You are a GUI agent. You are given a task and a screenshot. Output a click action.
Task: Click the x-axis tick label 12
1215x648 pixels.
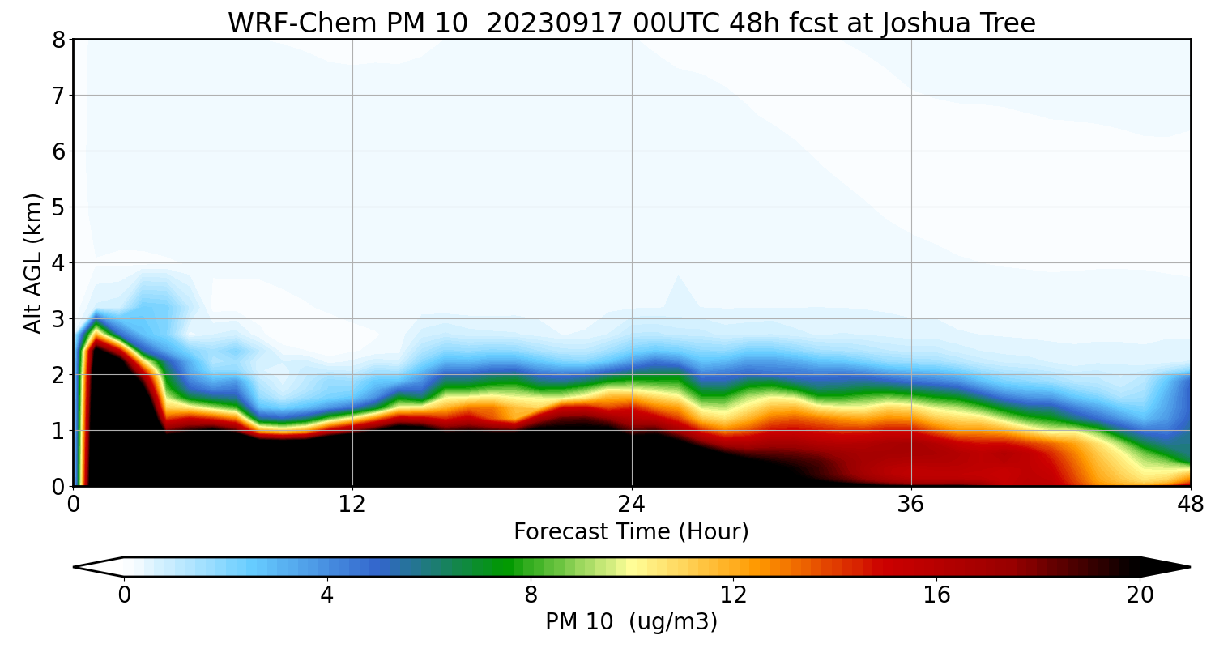pyautogui.click(x=352, y=504)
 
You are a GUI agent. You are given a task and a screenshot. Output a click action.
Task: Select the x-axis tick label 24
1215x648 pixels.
pyautogui.click(x=632, y=504)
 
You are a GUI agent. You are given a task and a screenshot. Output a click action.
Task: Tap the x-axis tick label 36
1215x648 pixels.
pyautogui.click(x=911, y=504)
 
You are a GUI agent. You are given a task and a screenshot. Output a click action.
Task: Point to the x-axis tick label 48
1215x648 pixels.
pyautogui.click(x=1190, y=504)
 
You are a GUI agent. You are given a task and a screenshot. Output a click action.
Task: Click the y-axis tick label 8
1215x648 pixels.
pyautogui.click(x=58, y=40)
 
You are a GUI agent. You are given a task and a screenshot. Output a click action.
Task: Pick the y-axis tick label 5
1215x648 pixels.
pyautogui.click(x=58, y=207)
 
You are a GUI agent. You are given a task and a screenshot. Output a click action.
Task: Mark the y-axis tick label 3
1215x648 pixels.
pyautogui.click(x=58, y=319)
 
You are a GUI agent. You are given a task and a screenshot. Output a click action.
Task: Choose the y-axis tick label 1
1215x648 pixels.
pyautogui.click(x=58, y=431)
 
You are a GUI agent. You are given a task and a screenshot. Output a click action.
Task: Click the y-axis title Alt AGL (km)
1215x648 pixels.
pyautogui.click(x=33, y=262)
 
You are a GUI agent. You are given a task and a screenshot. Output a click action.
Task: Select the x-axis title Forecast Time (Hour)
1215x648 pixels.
pyautogui.click(x=631, y=532)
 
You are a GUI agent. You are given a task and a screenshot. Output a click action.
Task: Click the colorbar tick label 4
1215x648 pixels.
pyautogui.click(x=326, y=595)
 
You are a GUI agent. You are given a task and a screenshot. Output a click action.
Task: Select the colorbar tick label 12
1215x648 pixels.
pyautogui.click(x=733, y=595)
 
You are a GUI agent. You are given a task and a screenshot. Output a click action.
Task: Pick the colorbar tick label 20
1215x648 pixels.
pyautogui.click(x=1140, y=595)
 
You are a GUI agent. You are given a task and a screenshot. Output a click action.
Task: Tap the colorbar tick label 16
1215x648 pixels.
pyautogui.click(x=936, y=595)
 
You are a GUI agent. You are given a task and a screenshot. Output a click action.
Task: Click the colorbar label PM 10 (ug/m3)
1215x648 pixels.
pyautogui.click(x=631, y=622)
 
